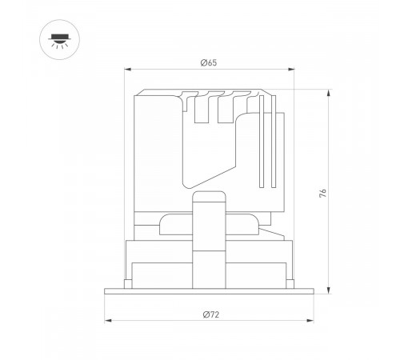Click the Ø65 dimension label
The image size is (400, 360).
click(x=208, y=64)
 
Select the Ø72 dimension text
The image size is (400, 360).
click(x=210, y=314)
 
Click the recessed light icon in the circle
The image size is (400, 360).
click(x=58, y=41)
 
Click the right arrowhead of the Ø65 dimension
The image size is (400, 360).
click(x=294, y=71)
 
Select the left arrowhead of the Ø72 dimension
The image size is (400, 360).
click(x=105, y=322)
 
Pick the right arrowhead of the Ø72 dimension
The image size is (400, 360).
click(x=314, y=322)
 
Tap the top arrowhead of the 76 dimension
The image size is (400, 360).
click(x=330, y=90)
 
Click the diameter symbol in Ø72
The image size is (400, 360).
click(x=203, y=314)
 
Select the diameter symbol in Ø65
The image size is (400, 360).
click(x=202, y=64)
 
